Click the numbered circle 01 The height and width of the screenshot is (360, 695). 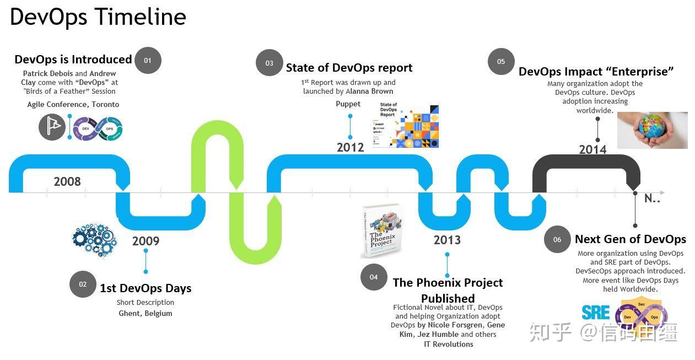(148, 61)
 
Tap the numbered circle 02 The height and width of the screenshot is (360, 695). (83, 284)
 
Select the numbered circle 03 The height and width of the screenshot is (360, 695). (269, 63)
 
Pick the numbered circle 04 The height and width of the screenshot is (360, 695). (374, 277)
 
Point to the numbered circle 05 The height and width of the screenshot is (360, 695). (501, 62)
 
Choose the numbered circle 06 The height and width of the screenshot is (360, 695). (557, 239)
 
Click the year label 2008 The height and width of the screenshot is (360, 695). (67, 181)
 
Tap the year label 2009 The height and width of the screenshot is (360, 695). (146, 241)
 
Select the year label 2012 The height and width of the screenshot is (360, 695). (351, 147)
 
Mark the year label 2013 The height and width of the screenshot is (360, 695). (447, 240)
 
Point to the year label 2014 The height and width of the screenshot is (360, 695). (592, 149)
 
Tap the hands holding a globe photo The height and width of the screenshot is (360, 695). (652, 130)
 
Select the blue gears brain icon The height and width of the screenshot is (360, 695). (94, 239)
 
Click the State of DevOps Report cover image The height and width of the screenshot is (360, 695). (406, 125)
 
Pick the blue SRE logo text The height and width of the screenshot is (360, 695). (596, 313)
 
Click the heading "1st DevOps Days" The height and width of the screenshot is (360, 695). (146, 288)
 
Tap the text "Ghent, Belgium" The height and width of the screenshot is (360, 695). (146, 313)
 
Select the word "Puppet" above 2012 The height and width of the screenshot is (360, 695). (348, 104)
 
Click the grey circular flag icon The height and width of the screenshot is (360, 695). (52, 127)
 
